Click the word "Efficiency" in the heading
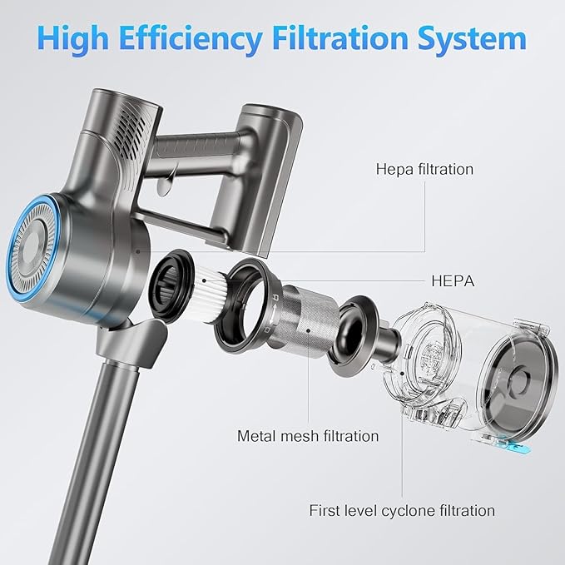(x=191, y=39)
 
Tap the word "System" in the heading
(x=472, y=39)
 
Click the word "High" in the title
(x=72, y=39)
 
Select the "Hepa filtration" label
(x=424, y=169)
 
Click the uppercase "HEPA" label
(x=453, y=281)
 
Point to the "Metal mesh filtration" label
(x=308, y=436)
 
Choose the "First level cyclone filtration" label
(x=402, y=511)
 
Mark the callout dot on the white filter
(x=205, y=280)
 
